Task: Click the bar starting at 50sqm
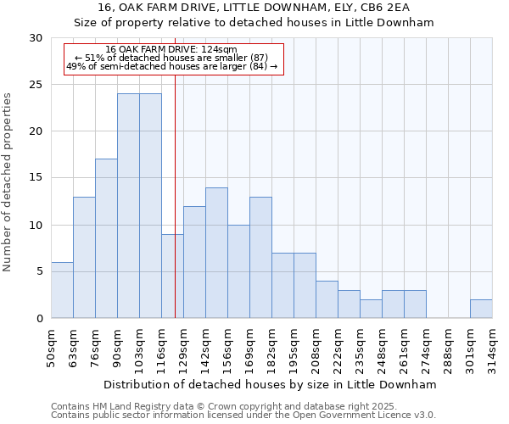click(x=62, y=290)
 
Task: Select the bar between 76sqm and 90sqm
click(x=106, y=238)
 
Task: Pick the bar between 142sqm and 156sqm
click(x=216, y=253)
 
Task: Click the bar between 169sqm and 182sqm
click(x=260, y=258)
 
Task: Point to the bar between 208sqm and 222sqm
click(x=327, y=299)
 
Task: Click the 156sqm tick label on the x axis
click(x=228, y=348)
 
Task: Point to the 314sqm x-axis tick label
click(x=493, y=348)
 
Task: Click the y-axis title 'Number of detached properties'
click(x=8, y=181)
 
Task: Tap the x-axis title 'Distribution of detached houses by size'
click(x=271, y=384)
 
